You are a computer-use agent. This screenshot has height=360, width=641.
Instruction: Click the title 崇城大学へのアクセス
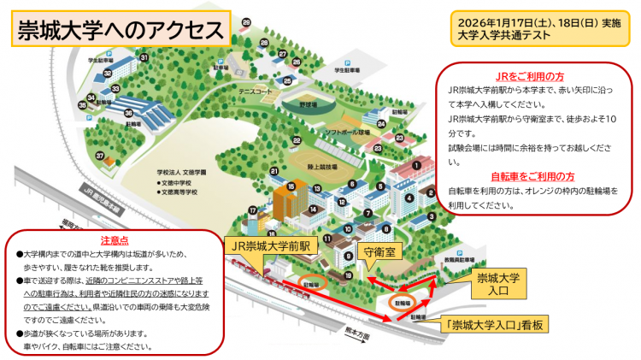(x=121, y=30)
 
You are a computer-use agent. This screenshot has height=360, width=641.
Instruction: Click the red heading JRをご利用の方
(x=535, y=76)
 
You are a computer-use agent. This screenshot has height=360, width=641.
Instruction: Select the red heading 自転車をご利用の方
(x=535, y=176)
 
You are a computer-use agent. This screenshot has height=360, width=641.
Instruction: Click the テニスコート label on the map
(x=256, y=90)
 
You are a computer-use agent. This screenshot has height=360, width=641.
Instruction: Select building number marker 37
(x=100, y=156)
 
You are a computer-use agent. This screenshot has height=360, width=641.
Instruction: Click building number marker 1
(x=416, y=165)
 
